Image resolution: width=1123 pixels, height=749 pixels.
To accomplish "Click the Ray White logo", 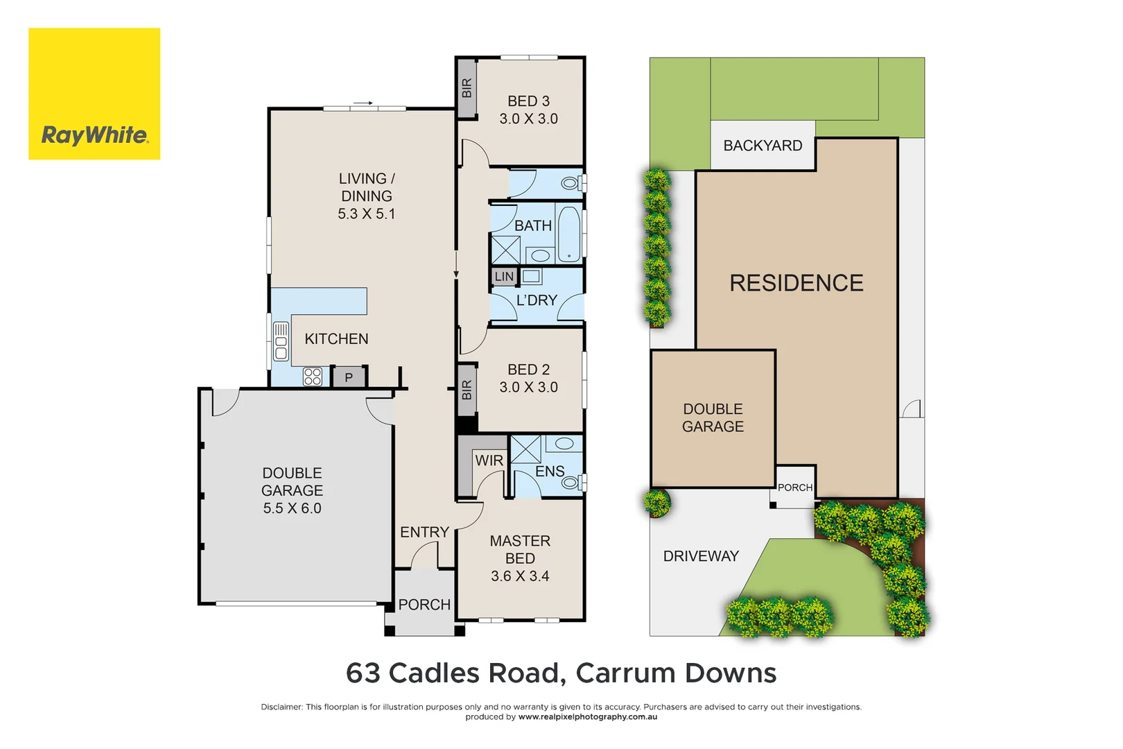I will coord(94,94).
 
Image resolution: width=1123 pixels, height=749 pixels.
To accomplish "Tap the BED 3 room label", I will coord(528,101).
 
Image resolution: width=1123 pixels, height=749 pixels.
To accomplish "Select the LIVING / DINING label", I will coord(366,187).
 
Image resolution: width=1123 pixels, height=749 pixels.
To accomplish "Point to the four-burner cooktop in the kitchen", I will coord(312,377).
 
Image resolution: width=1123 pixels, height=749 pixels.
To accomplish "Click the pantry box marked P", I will coord(349,377).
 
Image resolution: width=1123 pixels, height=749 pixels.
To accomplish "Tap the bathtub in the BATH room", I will coord(568,234).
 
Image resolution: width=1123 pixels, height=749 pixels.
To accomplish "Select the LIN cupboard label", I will coord(504,277).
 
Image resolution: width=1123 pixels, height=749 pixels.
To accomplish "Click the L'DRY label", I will coord(537,300).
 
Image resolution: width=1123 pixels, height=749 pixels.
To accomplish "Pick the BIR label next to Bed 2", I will coord(467,390).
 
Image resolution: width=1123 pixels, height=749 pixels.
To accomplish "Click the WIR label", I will coord(489,460).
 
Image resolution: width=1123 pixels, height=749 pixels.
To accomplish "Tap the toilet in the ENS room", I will coord(573,481).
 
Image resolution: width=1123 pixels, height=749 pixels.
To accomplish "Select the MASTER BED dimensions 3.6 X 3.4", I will coord(520,576).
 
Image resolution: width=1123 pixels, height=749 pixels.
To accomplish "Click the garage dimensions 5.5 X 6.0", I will coord(292,508).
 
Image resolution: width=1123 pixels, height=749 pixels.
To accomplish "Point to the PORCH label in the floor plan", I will coord(424,605).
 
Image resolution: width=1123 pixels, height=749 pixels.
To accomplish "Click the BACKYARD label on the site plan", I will coord(763,146).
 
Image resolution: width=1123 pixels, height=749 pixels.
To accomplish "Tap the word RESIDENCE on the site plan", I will coord(796,283).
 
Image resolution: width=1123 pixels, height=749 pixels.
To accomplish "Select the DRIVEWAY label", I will coord(701,556).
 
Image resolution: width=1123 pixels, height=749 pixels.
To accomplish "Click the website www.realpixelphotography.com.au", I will coord(587,717).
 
